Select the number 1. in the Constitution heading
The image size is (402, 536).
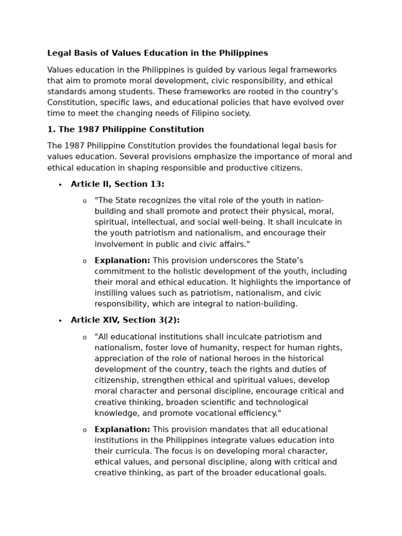tap(51, 130)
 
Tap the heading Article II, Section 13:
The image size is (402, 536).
tap(117, 184)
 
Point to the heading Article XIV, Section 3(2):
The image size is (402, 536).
tap(125, 320)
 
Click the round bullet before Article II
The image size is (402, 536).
tap(60, 185)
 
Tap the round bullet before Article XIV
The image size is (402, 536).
tap(60, 321)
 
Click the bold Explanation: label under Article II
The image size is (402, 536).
tap(122, 261)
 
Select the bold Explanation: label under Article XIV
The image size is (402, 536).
tap(122, 430)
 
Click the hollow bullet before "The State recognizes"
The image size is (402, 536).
tap(84, 202)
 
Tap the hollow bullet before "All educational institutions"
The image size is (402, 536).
tap(84, 338)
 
